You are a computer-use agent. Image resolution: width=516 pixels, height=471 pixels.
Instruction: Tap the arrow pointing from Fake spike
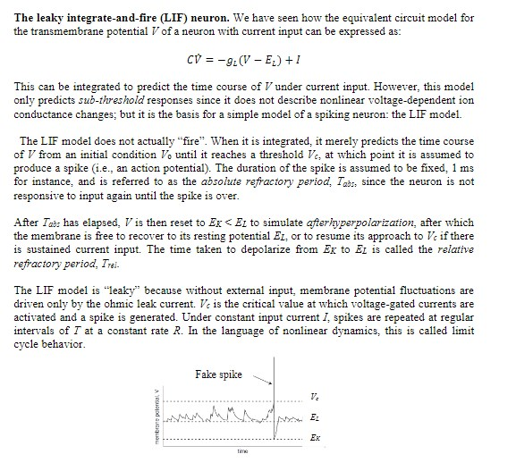pyautogui.click(x=261, y=378)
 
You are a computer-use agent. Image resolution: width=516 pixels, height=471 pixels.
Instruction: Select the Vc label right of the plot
pyautogui.click(x=312, y=395)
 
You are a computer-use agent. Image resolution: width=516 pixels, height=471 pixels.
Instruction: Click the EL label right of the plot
pyautogui.click(x=312, y=417)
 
